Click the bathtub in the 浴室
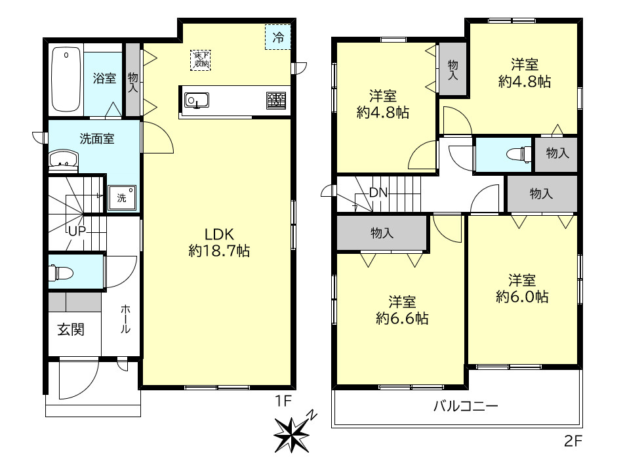66,79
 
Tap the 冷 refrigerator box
278,37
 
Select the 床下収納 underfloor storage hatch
201,60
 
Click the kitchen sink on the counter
197,100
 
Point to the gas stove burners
276,100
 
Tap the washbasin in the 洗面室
63,161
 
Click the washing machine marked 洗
122,197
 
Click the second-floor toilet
519,153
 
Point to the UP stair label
77,231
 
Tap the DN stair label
378,193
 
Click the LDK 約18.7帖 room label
219,243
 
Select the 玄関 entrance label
71,329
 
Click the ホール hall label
125,319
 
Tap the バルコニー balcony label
466,406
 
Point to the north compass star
292,433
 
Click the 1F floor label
284,401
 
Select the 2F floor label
573,441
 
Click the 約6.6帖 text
402,318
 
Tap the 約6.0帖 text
522,297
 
